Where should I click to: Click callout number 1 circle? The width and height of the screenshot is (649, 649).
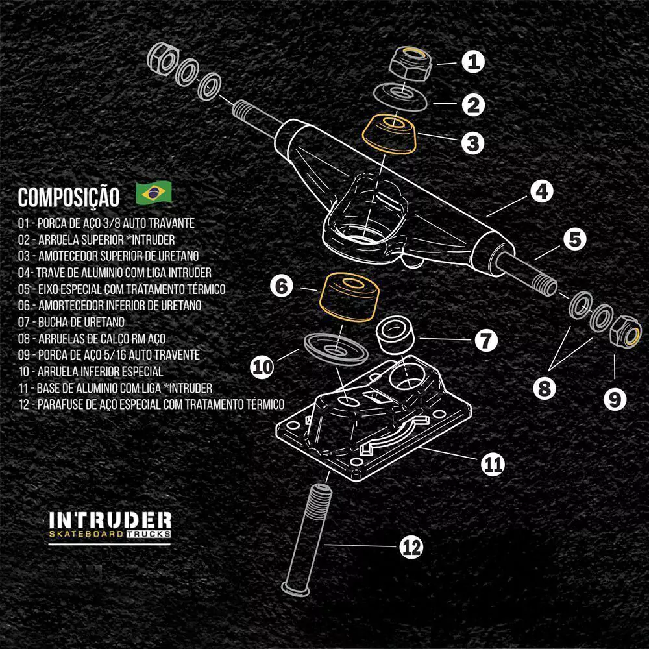click(x=474, y=62)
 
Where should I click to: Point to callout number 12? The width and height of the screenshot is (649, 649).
click(x=410, y=548)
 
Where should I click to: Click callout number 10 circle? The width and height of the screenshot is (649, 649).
click(x=263, y=367)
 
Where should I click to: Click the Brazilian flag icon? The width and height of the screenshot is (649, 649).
click(x=154, y=192)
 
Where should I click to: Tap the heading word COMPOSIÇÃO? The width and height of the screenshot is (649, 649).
click(x=69, y=197)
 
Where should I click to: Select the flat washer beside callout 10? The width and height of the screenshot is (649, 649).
click(x=334, y=349)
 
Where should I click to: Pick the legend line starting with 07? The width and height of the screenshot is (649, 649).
click(x=72, y=321)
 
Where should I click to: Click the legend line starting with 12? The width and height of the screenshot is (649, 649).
click(x=151, y=404)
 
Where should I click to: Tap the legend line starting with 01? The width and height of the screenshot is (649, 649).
click(x=107, y=223)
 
